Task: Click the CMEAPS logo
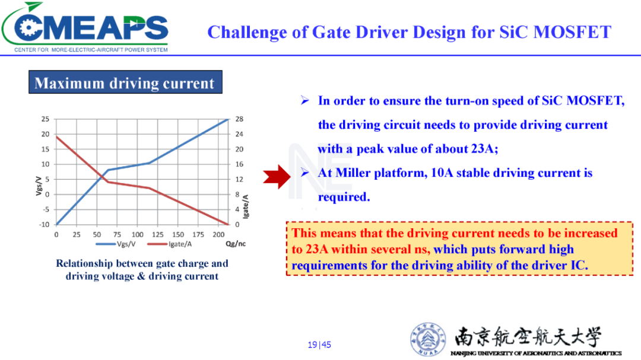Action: coord(85,27)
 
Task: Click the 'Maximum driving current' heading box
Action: coord(125,82)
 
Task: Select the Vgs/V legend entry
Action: coord(116,244)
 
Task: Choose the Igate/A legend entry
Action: coord(169,244)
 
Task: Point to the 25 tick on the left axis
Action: coord(45,119)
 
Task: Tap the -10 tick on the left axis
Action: coord(44,224)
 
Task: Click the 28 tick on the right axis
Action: coord(239,119)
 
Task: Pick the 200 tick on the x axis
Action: coord(218,234)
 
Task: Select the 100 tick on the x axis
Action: coord(137,234)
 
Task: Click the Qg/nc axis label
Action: coord(236,244)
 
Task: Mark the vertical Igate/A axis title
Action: coord(246,206)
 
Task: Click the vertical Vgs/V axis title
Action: coord(39,186)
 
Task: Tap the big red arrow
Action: coord(277,177)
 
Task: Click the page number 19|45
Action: coord(319,345)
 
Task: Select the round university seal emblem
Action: coord(428,339)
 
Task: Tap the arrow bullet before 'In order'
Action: coord(304,100)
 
